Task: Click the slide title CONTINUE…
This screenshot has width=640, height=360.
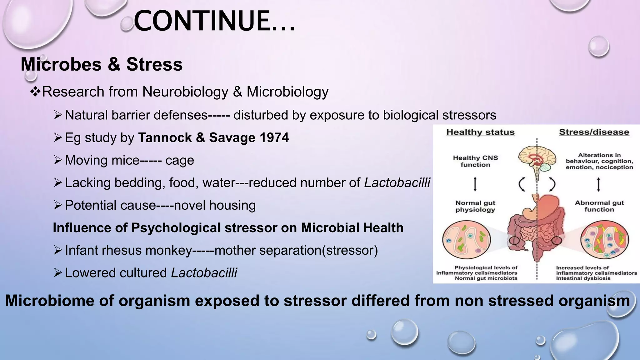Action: pos(214,21)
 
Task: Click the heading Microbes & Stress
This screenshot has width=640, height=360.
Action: pos(102,64)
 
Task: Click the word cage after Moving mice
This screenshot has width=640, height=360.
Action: pos(180,161)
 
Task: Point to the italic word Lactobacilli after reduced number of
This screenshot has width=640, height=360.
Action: pos(397,183)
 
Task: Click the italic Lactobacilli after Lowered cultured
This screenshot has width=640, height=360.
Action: pos(204,273)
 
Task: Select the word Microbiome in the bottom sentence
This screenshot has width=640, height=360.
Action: pos(52,301)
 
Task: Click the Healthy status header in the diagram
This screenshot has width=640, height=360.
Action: pos(480,132)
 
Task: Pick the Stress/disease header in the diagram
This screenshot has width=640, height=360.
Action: pos(594,132)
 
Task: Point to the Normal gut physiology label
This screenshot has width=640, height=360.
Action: pos(475,206)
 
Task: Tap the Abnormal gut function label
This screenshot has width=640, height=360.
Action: pos(599,206)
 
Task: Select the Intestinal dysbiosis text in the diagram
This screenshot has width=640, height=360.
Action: pos(583,278)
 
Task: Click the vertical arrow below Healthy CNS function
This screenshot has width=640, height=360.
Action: pos(475,184)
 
